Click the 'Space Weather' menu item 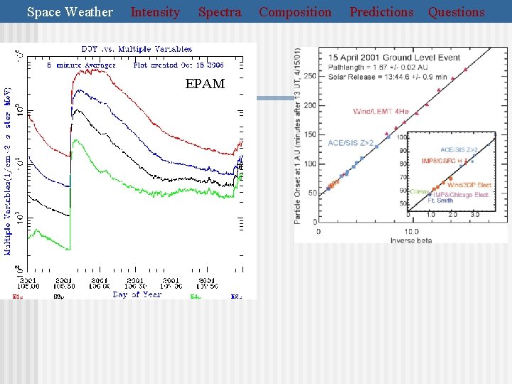70,12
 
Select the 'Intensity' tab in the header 155,12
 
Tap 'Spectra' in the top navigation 220,12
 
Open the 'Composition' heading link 295,12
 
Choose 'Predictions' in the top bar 381,12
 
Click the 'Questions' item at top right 456,12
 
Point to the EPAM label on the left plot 205,84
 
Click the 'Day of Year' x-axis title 137,294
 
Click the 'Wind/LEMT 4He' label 380,112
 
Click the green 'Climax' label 420,191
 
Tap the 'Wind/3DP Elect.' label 469,185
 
